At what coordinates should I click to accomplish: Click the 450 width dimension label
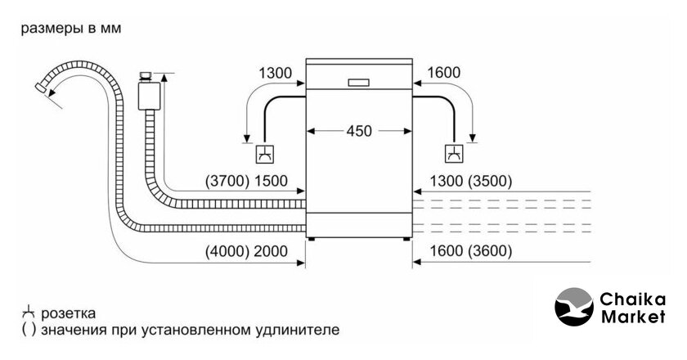point(357,130)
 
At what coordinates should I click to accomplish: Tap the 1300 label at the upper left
point(275,73)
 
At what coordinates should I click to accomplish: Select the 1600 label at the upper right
point(443,73)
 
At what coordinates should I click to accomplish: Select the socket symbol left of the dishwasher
point(264,152)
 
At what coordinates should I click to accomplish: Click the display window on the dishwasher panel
point(357,81)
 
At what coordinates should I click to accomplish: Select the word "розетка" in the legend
point(70,313)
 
